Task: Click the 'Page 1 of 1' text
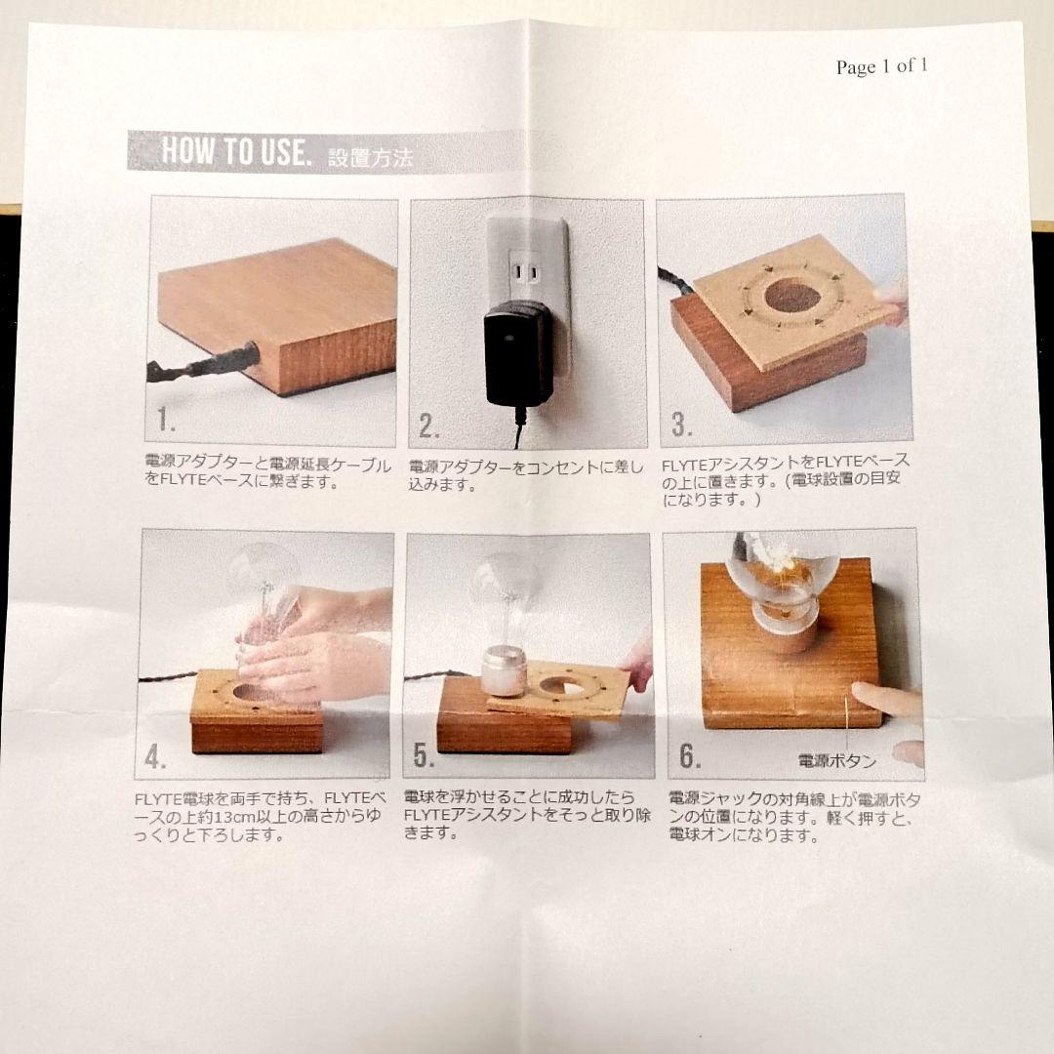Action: (881, 66)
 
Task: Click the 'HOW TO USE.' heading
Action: (235, 151)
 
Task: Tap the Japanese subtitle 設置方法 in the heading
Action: (370, 157)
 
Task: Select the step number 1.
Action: (166, 420)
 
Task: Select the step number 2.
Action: (429, 426)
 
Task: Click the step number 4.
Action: (155, 756)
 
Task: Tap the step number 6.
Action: (690, 755)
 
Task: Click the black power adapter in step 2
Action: (518, 352)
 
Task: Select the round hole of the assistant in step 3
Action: (790, 296)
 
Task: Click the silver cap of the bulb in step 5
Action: (505, 670)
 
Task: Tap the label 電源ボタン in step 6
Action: (836, 760)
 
